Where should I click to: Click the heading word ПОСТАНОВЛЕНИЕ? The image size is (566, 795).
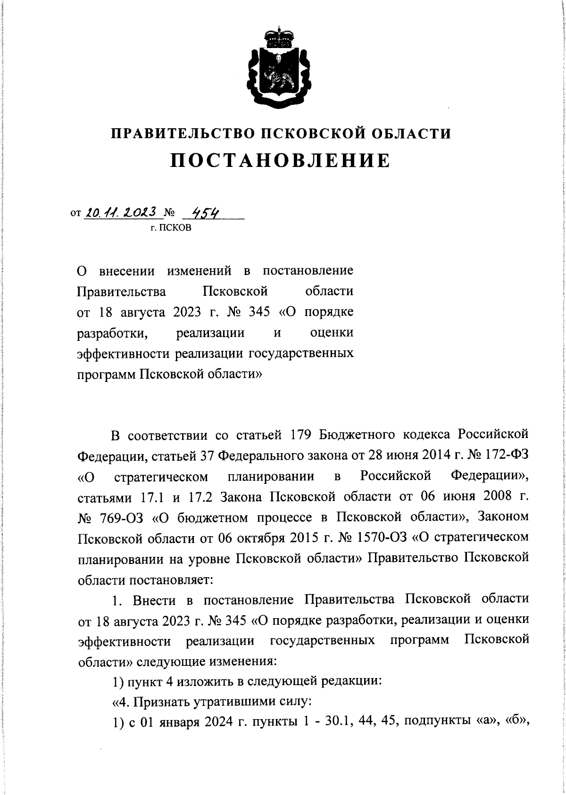tap(281, 161)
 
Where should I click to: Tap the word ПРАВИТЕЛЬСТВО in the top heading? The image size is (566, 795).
tap(183, 134)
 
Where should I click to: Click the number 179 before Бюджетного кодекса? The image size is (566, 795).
tap(300, 434)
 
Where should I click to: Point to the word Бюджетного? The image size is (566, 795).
tap(356, 434)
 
